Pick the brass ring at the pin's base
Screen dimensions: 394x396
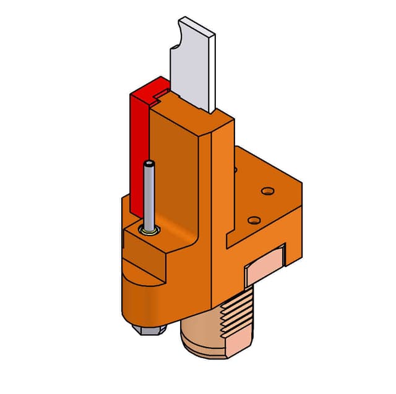coord(149,231)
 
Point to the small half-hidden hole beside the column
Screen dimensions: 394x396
coord(235,168)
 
